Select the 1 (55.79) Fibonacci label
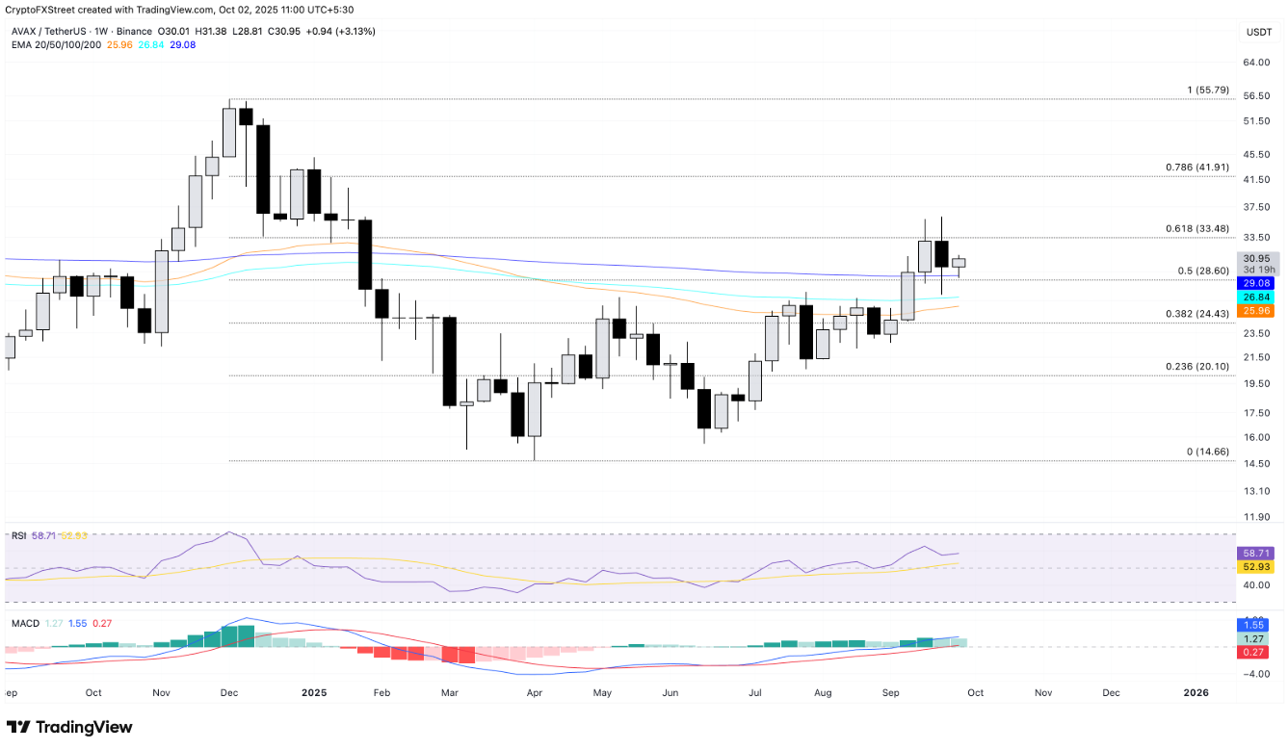tap(1208, 91)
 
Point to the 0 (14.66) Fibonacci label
tap(1208, 452)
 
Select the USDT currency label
tap(1259, 32)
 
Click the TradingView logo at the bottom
tap(69, 727)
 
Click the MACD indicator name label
tap(25, 624)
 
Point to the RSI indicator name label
tap(18, 535)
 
